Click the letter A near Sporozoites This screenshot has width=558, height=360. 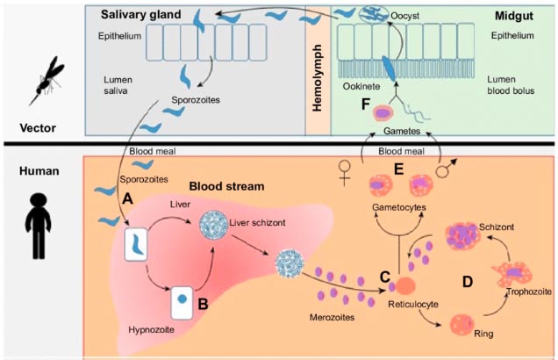128,199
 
